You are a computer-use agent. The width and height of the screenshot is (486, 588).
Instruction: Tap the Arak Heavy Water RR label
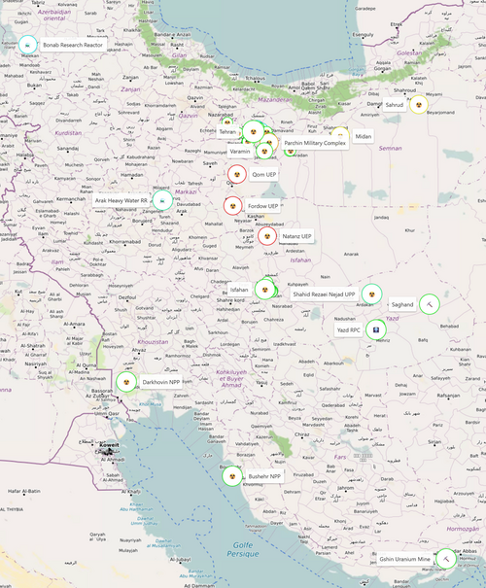pos(121,200)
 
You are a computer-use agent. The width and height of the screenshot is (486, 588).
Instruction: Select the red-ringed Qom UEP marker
pos(236,175)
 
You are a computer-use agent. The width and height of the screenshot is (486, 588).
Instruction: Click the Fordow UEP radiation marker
pos(232,206)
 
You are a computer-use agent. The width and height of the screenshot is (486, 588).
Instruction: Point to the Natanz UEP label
pos(296,236)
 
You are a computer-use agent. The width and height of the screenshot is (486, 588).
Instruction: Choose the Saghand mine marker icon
pos(430,304)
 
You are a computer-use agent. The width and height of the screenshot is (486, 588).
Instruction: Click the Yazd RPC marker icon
pos(375,329)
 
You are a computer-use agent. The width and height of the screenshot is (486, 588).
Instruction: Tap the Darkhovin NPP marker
pos(126,382)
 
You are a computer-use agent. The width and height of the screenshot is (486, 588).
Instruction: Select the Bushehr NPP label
pos(263,477)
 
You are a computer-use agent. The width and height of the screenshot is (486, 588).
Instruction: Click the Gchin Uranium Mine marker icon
pos(444,559)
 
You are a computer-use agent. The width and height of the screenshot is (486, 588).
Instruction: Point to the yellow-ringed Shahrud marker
pos(419,104)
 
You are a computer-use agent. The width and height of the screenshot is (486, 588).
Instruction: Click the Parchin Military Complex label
pos(315,143)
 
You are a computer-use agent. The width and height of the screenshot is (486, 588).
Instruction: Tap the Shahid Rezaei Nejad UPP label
pos(324,294)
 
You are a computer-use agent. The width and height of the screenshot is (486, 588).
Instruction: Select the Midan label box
pos(363,136)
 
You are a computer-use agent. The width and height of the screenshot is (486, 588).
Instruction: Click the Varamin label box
pos(241,151)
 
